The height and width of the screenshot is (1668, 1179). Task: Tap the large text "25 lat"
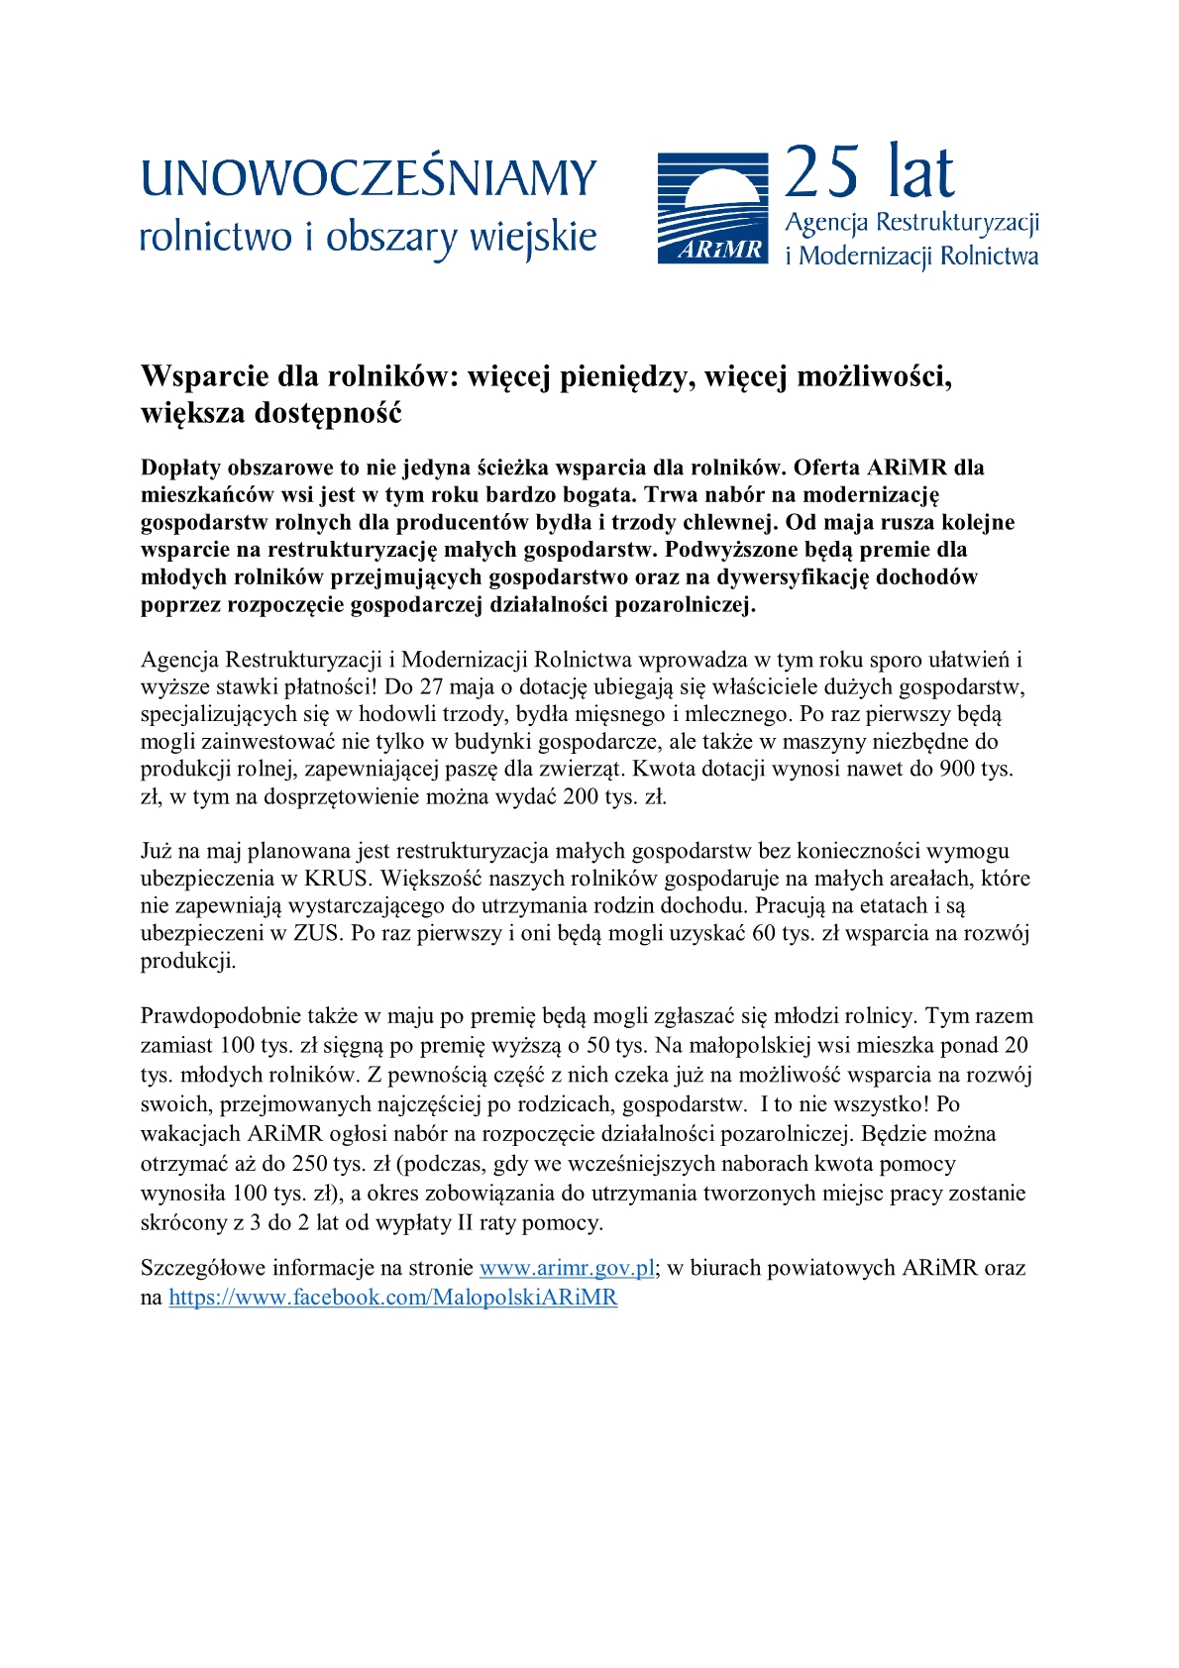pyautogui.click(x=869, y=172)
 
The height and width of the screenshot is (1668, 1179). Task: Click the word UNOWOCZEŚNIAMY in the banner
pyautogui.click(x=368, y=179)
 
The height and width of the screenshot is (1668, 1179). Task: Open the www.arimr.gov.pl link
pyautogui.click(x=567, y=1268)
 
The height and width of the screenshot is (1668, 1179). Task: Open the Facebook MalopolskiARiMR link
pyautogui.click(x=392, y=1298)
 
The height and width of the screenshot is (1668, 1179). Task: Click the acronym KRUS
pyautogui.click(x=337, y=879)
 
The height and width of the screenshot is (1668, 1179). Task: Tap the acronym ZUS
pyautogui.click(x=316, y=933)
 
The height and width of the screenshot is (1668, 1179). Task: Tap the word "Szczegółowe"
pyautogui.click(x=203, y=1268)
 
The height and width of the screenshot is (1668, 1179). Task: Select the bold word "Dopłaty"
pyautogui.click(x=180, y=468)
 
